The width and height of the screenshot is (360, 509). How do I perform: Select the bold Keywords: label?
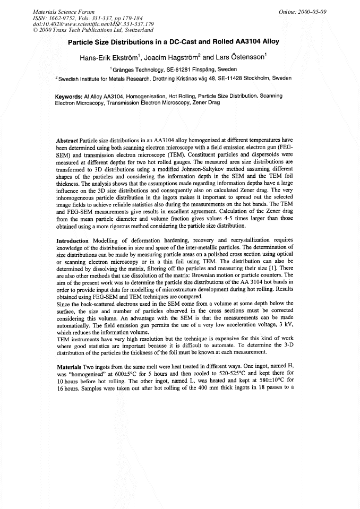tap(69, 96)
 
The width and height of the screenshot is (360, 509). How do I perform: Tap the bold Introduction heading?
tap(73, 240)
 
